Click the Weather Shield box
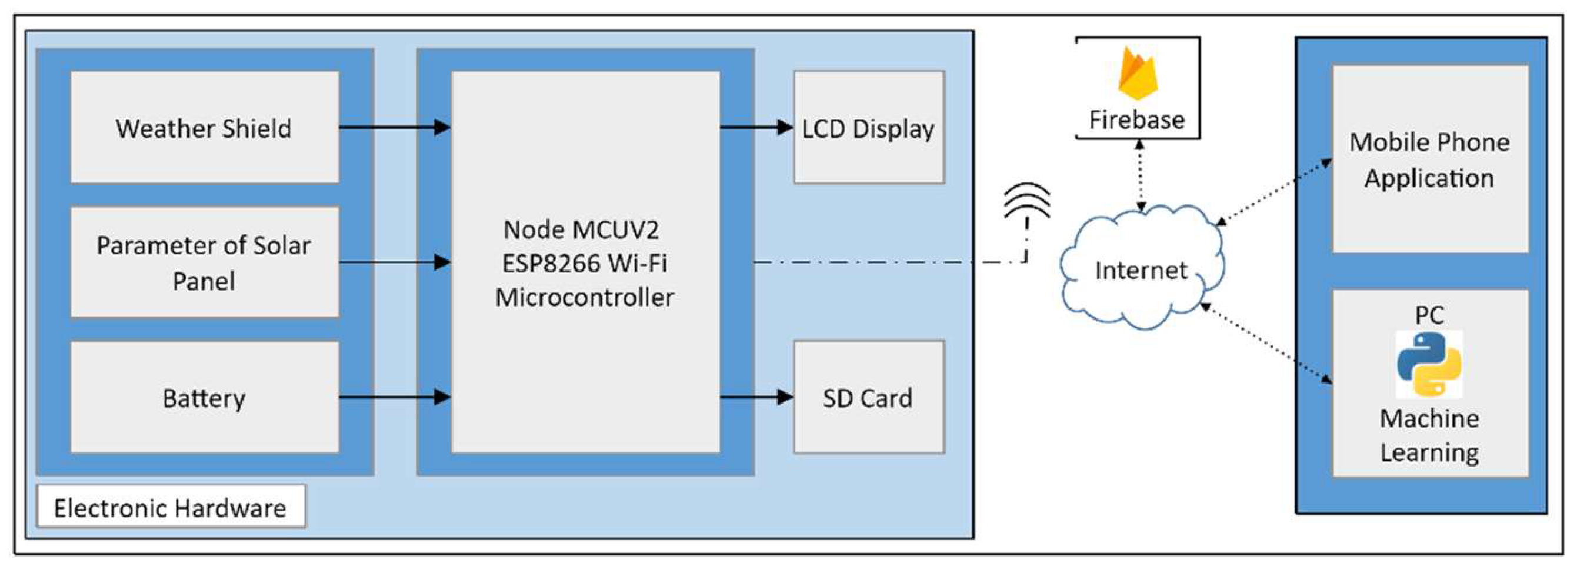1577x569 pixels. [x=205, y=128]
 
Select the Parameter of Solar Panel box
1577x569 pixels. [x=205, y=262]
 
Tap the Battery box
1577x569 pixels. [x=205, y=398]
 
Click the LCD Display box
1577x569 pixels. [x=869, y=128]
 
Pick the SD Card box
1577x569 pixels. [x=869, y=398]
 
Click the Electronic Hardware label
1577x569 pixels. [x=171, y=507]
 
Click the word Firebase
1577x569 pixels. [x=1137, y=119]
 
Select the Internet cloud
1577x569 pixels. [x=1141, y=269]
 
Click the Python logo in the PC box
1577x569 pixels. [x=1429, y=364]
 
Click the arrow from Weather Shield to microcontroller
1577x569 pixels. [x=395, y=128]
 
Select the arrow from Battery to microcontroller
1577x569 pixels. [x=395, y=398]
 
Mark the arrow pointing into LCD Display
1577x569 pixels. [x=756, y=128]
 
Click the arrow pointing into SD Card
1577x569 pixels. [x=756, y=398]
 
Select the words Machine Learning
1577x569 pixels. [x=1429, y=435]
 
